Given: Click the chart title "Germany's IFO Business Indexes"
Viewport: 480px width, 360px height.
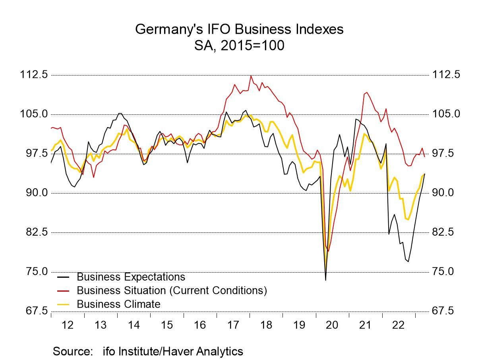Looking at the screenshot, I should [239, 29].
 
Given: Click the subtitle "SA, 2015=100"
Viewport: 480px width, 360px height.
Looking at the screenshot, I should [239, 45].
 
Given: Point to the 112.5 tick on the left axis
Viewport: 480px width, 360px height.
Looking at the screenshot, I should [34, 75].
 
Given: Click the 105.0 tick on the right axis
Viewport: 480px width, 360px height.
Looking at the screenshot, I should [446, 114].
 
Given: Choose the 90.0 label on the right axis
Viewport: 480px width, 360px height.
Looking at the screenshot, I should [446, 193].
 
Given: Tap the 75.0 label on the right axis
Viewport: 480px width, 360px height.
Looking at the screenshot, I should [446, 271].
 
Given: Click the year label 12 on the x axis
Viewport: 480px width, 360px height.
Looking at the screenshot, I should [68, 325].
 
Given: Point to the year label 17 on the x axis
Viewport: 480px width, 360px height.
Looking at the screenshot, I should [233, 325].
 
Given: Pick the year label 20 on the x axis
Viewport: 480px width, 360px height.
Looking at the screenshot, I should [332, 325].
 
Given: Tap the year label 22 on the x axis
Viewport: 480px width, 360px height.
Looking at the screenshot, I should [398, 325].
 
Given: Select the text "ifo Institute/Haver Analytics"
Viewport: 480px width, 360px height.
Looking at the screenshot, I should [173, 351].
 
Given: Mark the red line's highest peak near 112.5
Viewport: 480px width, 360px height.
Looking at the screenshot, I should [251, 76].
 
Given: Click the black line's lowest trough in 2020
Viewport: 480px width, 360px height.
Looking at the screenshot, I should [325, 280].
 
